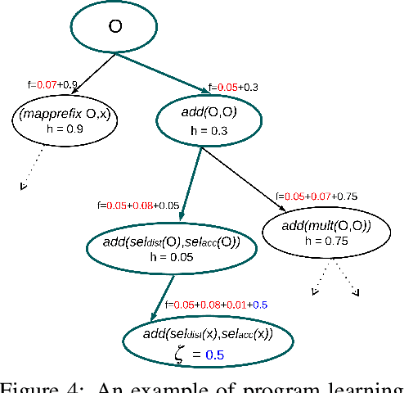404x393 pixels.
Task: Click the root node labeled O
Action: click(x=115, y=27)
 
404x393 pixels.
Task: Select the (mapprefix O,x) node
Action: click(x=65, y=120)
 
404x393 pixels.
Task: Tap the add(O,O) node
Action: click(x=209, y=120)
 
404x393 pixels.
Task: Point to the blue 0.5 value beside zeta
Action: click(x=213, y=355)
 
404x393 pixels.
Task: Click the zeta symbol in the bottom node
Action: click(x=181, y=354)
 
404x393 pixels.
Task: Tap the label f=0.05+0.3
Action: click(x=234, y=86)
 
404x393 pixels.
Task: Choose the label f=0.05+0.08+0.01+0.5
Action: click(x=218, y=305)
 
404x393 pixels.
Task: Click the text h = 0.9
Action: click(x=65, y=129)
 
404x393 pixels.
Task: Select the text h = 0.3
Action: click(x=209, y=131)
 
